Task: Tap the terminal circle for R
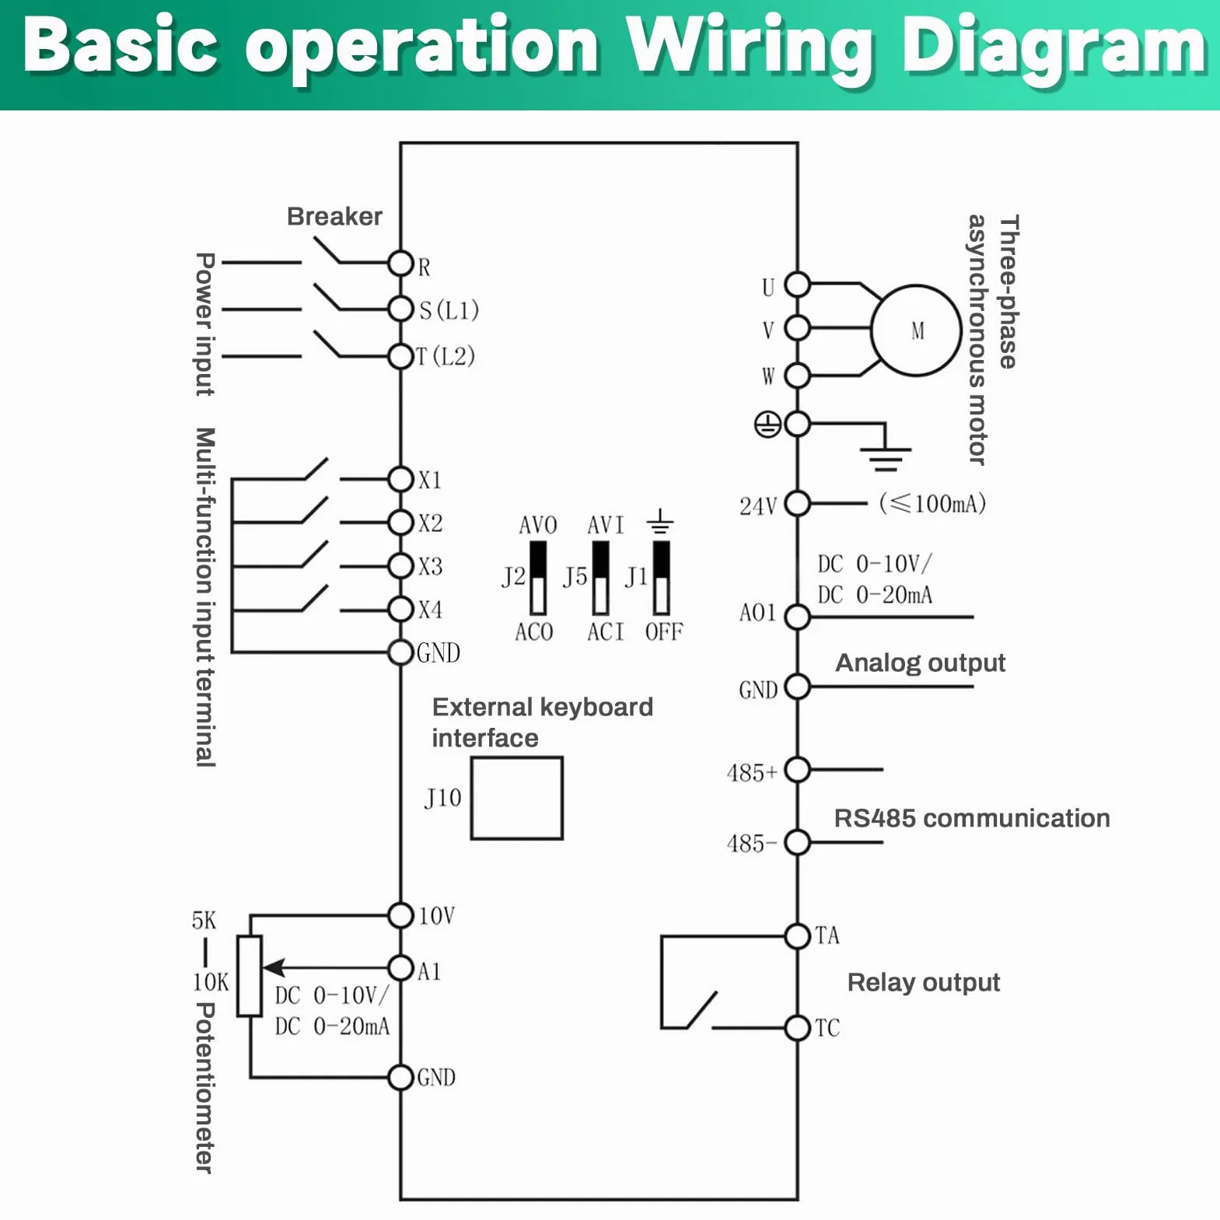pos(400,264)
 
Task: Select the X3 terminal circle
pos(400,565)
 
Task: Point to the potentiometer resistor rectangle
pos(250,975)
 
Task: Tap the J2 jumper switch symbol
pos(538,578)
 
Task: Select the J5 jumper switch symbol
pos(600,578)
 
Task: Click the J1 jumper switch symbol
pos(661,578)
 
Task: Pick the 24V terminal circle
pos(798,504)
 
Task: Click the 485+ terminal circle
pos(798,770)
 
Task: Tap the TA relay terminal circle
pos(798,936)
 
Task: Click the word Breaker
pos(334,216)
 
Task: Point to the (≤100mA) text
pos(932,504)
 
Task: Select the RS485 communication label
pos(972,818)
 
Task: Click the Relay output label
pos(924,983)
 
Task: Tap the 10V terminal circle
pos(400,915)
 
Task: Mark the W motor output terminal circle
pos(798,376)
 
